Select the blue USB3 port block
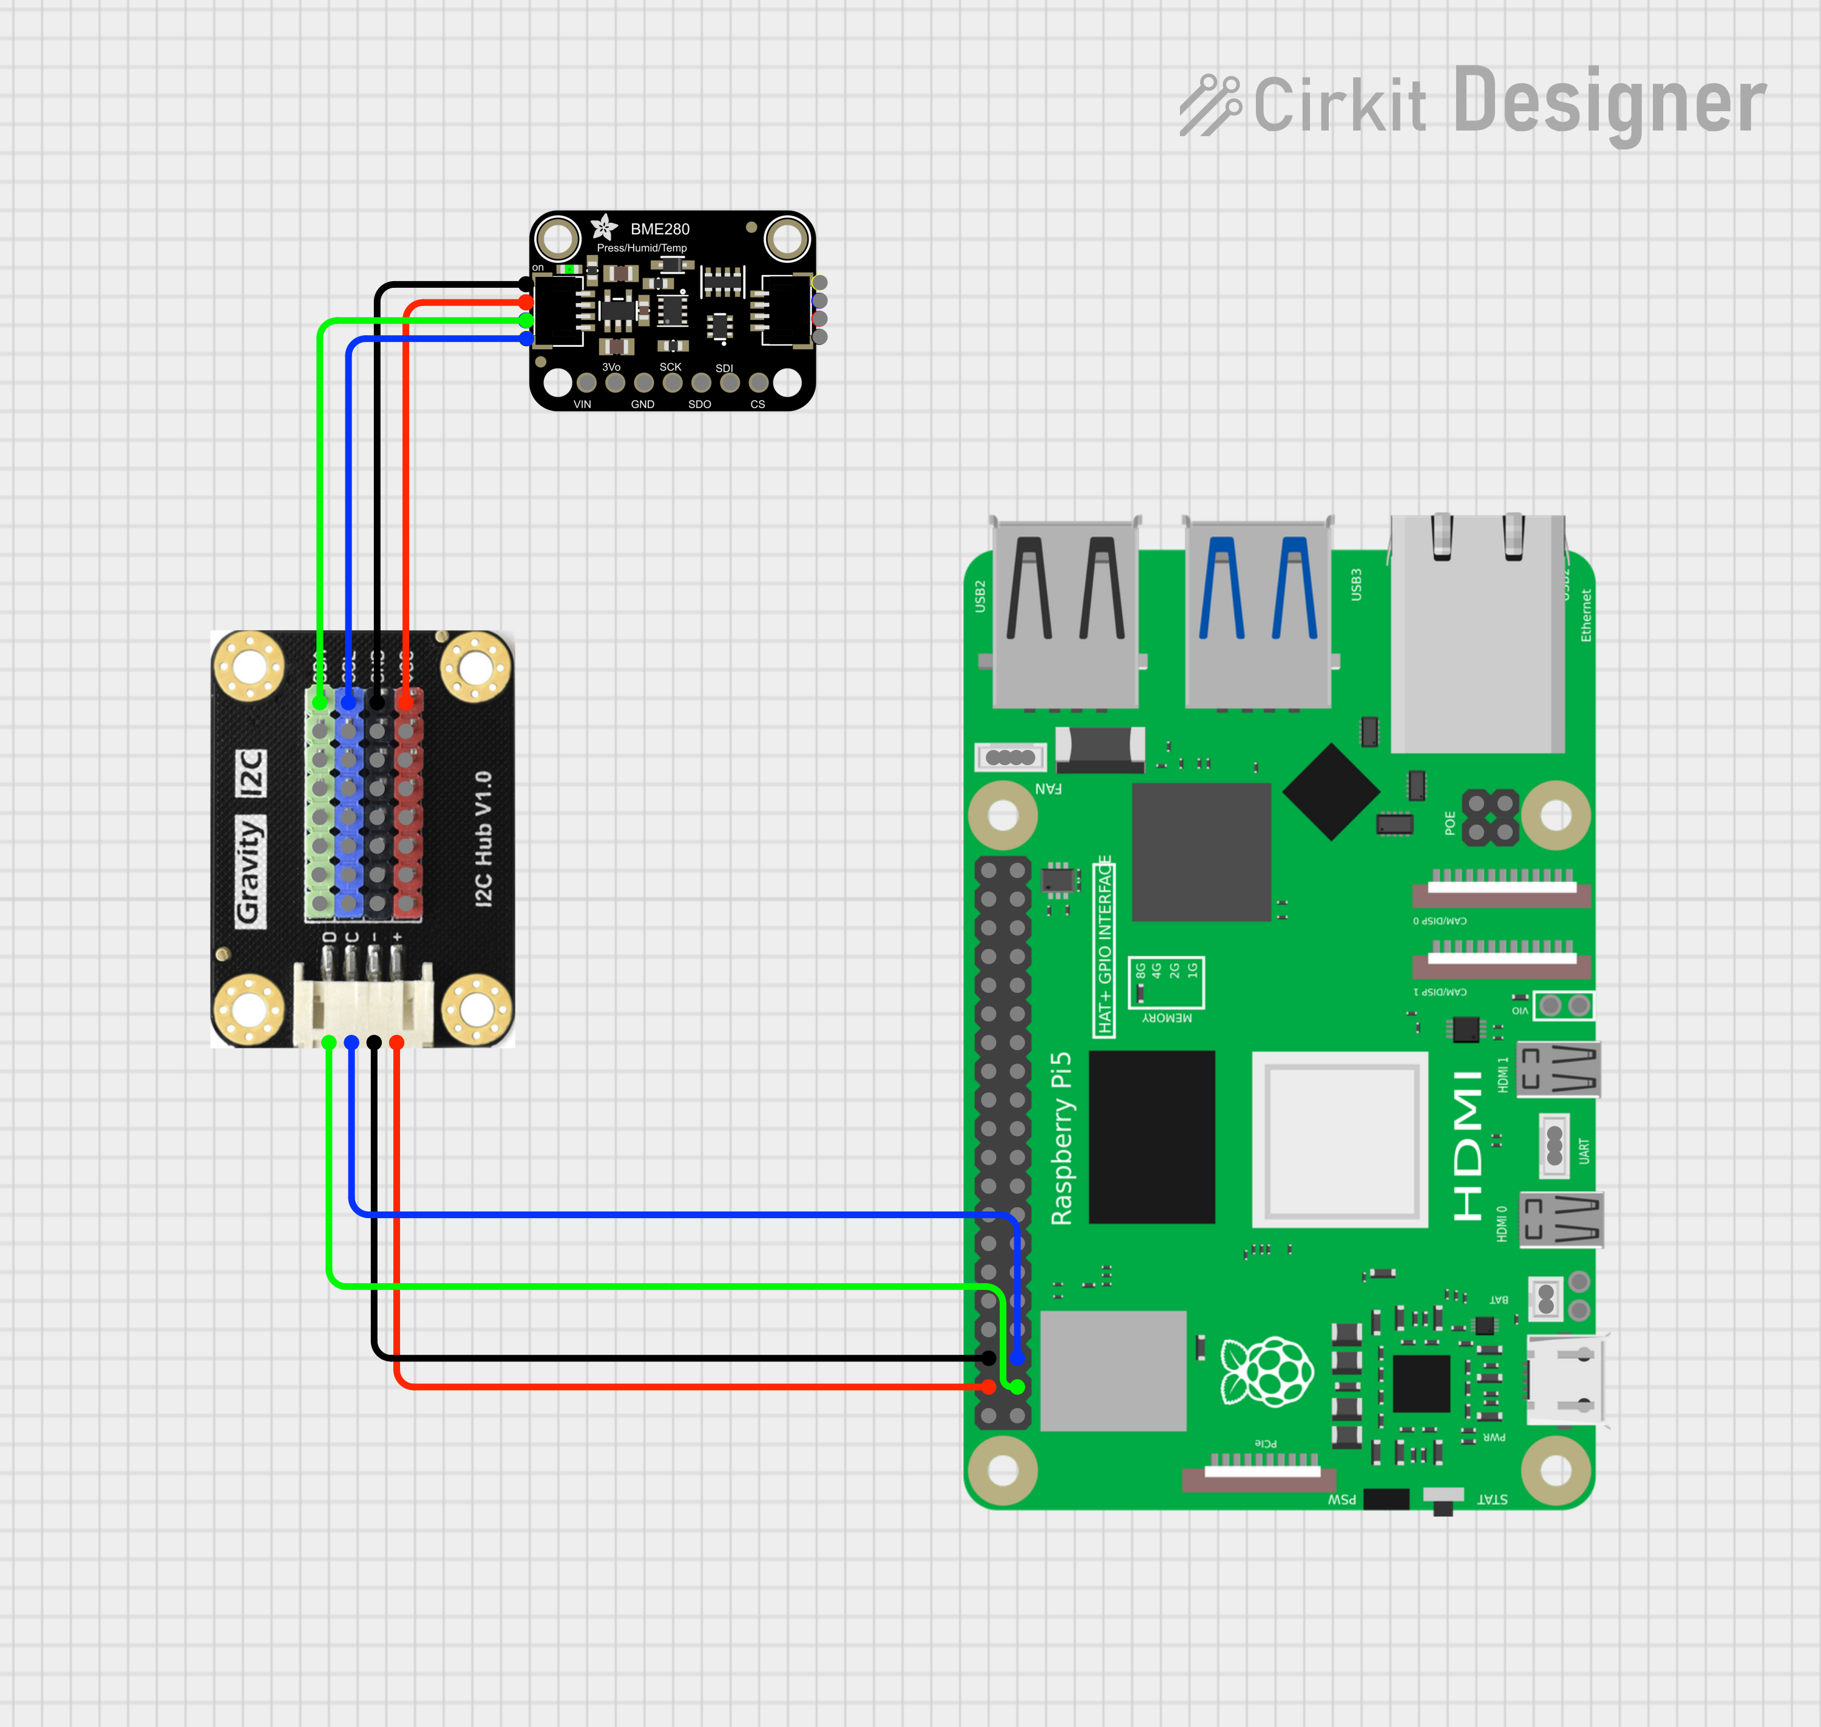point(1258,612)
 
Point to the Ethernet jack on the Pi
point(1477,635)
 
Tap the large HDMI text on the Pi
point(1468,1145)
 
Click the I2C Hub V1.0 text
point(483,839)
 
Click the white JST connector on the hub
point(362,1004)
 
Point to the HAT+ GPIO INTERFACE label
point(1104,945)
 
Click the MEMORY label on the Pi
point(1167,1017)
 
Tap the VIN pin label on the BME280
point(583,404)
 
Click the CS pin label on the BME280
point(758,404)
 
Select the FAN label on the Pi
point(1048,788)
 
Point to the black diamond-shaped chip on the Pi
point(1331,792)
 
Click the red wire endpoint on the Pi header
point(988,1386)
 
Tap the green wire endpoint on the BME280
point(526,319)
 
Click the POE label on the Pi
point(1450,822)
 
